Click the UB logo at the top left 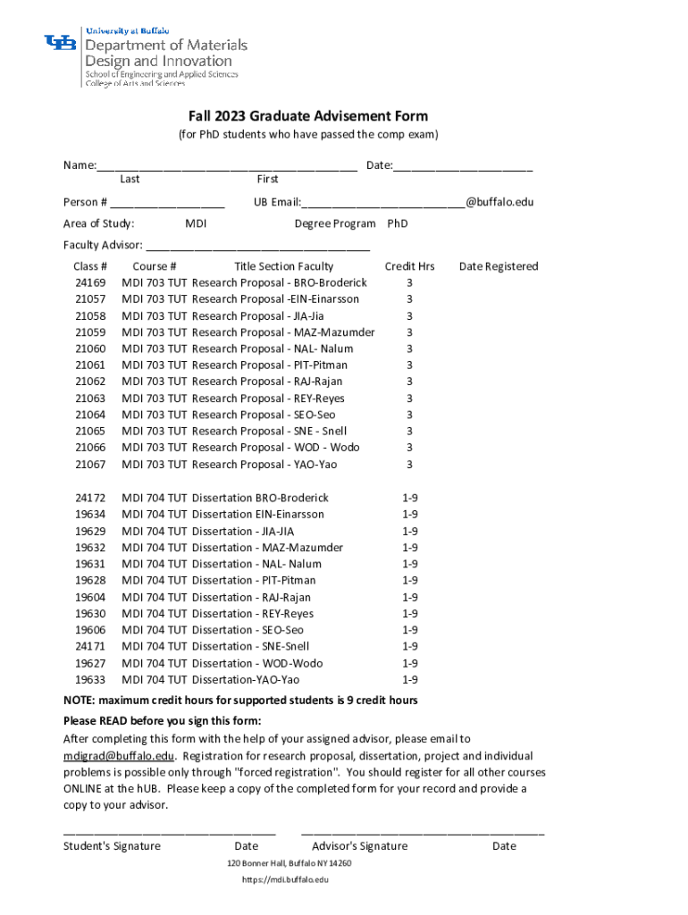coord(60,42)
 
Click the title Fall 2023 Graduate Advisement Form coord(307,116)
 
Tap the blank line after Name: coord(227,167)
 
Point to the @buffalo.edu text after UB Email coord(499,202)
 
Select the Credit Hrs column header coord(409,266)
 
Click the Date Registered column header coord(499,266)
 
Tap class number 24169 coord(90,282)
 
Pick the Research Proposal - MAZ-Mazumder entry coord(283,332)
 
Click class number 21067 coord(90,465)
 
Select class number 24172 coord(90,498)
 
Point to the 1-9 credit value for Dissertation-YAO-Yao coord(409,680)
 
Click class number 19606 coord(90,630)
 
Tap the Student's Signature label coord(112,846)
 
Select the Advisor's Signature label coord(359,846)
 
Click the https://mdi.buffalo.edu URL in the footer coord(285,880)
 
